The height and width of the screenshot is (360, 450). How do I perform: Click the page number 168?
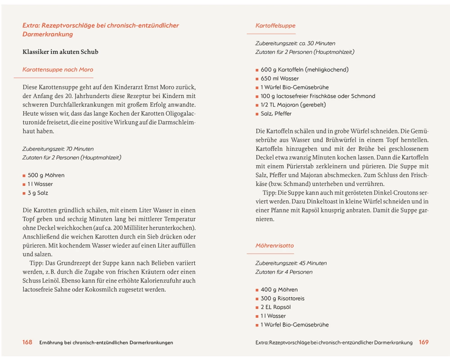[27, 342]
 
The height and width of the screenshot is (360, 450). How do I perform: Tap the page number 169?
[423, 342]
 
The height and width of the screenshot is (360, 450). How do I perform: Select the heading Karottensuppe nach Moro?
[58, 70]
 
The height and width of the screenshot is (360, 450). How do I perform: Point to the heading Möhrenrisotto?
[274, 246]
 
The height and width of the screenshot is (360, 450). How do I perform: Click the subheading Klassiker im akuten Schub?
[60, 52]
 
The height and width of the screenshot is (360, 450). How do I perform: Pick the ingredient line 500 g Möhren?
[46, 175]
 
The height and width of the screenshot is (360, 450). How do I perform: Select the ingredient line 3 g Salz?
[38, 193]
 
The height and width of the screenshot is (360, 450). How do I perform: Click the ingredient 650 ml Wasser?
[279, 79]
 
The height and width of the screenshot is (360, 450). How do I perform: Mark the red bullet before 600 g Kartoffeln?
[257, 70]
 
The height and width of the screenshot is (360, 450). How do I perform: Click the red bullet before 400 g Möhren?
[257, 290]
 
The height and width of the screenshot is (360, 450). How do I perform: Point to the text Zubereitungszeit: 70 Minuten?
[58, 149]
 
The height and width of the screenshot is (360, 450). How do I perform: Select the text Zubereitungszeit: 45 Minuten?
[291, 263]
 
